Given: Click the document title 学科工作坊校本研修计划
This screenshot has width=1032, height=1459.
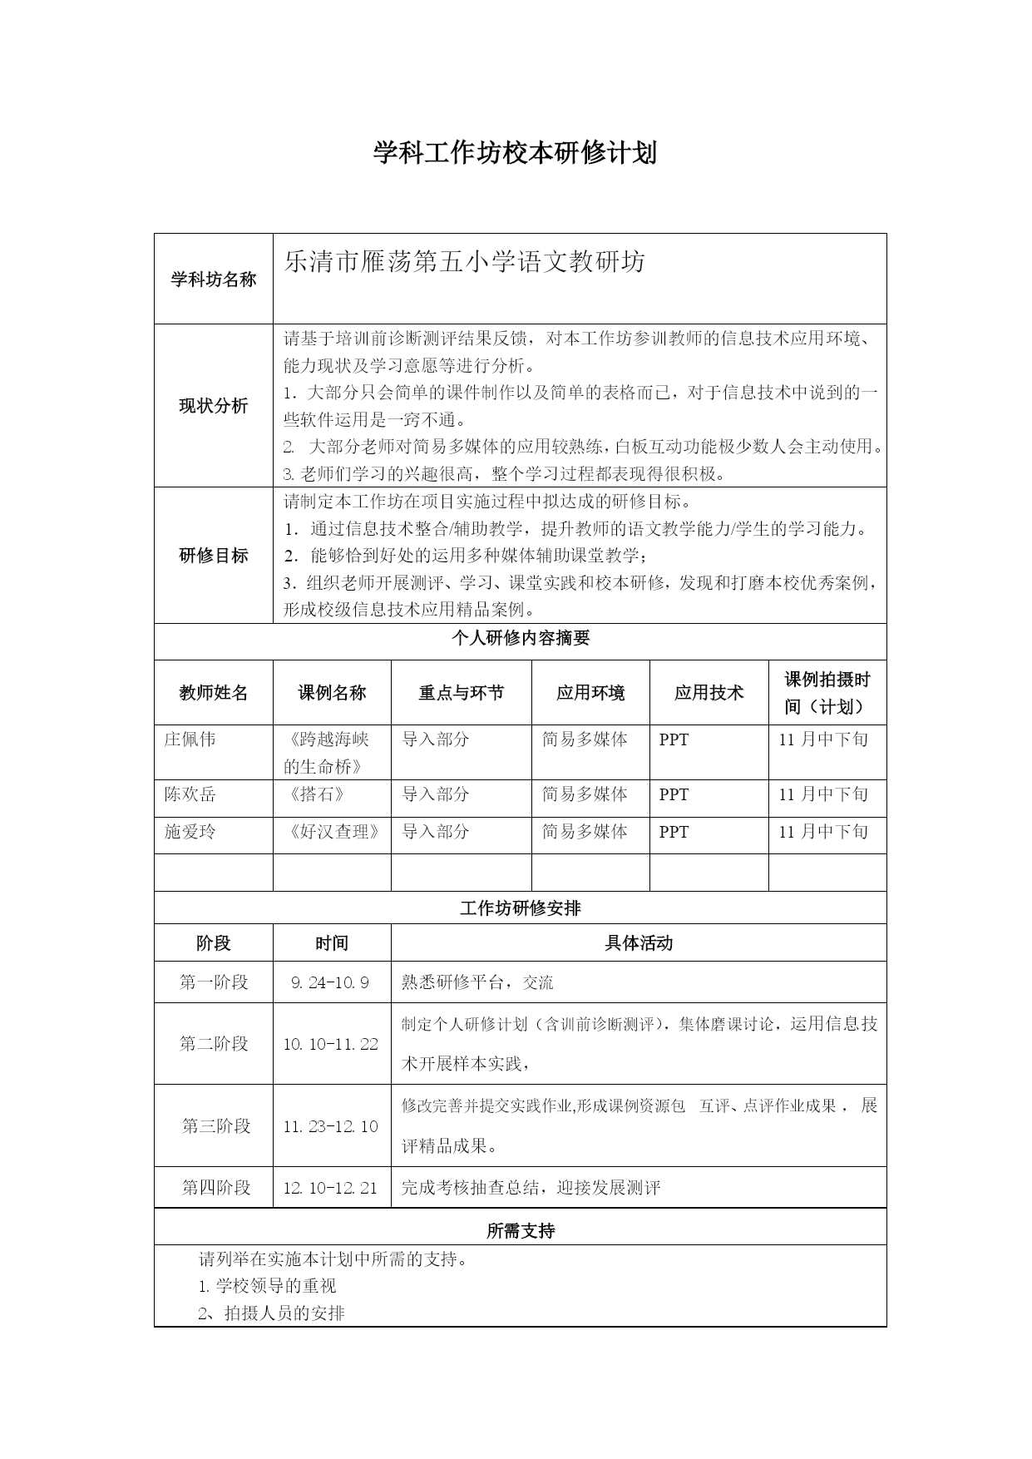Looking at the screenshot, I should [x=515, y=153].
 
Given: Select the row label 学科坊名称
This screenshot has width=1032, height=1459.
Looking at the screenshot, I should [x=214, y=279].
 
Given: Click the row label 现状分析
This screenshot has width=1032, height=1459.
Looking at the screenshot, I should [x=214, y=406].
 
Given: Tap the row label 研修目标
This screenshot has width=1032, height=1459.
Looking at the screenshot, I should [x=214, y=556].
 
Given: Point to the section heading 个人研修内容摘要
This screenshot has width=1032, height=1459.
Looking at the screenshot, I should [x=521, y=639].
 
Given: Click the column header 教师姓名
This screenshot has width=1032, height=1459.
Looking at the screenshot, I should [x=214, y=693].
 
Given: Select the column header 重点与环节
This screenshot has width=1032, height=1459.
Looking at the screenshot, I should [x=461, y=693].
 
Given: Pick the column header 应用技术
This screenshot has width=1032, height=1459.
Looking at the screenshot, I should [x=709, y=693].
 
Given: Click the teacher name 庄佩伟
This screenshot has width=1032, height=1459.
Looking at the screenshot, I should [x=190, y=739].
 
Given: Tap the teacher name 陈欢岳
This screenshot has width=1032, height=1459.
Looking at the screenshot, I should [x=190, y=794].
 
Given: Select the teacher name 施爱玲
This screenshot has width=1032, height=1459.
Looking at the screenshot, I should [x=190, y=832].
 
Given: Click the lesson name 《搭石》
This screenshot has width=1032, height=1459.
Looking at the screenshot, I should [x=314, y=794].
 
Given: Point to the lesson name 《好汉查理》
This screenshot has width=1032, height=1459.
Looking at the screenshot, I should [x=332, y=832].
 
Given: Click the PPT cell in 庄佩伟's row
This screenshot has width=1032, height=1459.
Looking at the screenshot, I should [x=674, y=739].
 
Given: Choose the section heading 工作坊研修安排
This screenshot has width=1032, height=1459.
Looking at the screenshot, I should [x=521, y=908].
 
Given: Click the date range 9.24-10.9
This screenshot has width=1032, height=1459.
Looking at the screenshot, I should [x=330, y=982].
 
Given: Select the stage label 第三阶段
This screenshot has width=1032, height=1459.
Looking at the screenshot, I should [x=216, y=1126].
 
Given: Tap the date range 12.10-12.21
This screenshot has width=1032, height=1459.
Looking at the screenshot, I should [x=330, y=1188].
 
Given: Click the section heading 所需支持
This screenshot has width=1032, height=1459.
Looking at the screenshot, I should [x=521, y=1231].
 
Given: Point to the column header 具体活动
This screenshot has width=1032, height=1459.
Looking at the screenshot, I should [x=639, y=943].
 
